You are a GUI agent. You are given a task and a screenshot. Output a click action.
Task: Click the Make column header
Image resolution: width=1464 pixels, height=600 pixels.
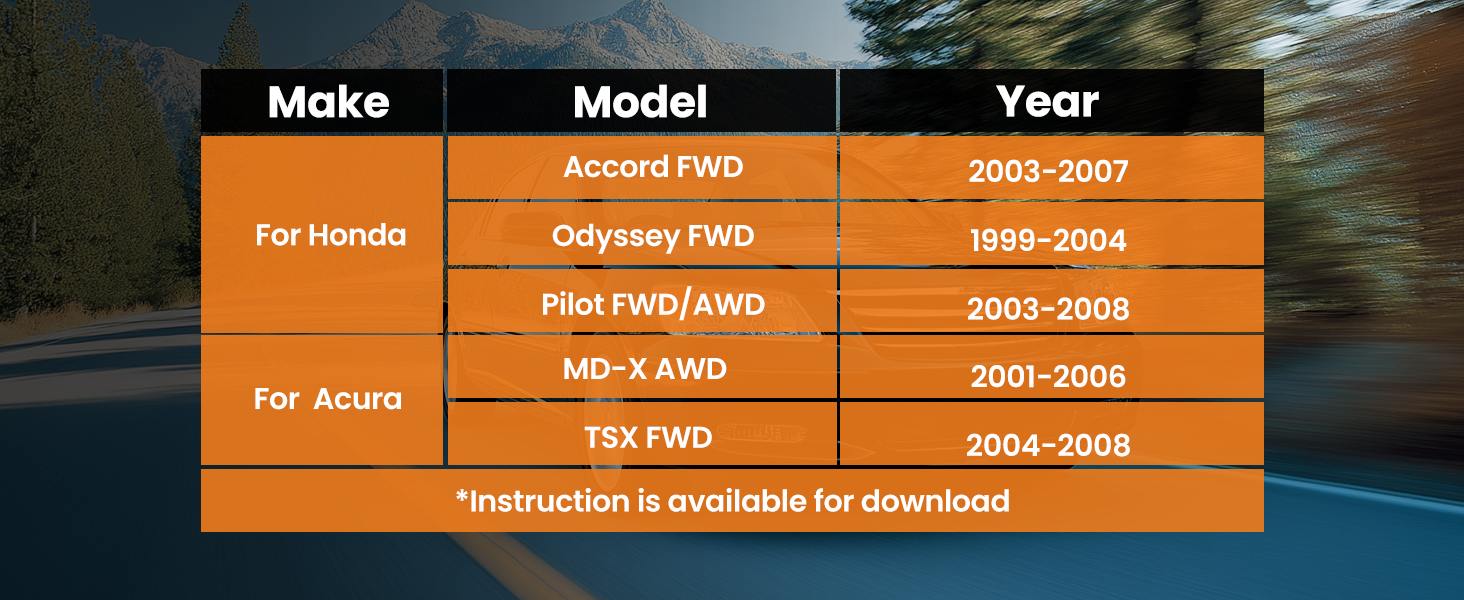tap(328, 102)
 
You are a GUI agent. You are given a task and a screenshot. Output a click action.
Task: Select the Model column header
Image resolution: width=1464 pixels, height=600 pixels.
tap(640, 102)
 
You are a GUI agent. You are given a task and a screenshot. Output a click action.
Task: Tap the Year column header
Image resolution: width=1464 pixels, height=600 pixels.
tap(1048, 102)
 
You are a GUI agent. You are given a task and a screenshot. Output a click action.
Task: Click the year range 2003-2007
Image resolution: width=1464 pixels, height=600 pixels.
tap(1048, 171)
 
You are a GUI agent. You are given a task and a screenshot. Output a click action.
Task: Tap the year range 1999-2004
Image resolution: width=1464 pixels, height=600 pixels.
tap(1048, 241)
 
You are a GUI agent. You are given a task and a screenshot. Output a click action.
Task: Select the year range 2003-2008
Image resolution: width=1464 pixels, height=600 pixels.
tap(1048, 309)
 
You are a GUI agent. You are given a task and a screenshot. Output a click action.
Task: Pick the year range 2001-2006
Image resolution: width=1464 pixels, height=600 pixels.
tap(1048, 376)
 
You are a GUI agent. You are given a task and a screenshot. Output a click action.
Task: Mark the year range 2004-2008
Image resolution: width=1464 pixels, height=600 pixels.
tap(1048, 446)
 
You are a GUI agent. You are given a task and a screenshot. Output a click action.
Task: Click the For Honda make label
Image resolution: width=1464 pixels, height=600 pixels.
tap(331, 235)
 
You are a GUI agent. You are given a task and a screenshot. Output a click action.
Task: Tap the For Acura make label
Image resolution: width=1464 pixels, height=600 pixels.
tap(327, 399)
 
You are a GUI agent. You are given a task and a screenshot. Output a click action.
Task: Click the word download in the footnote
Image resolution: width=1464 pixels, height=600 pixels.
tap(935, 501)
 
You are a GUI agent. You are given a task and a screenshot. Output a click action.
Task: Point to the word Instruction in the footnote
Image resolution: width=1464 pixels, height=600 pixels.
tap(550, 501)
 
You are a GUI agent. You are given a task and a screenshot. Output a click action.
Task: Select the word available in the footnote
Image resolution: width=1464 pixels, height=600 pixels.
tap(737, 501)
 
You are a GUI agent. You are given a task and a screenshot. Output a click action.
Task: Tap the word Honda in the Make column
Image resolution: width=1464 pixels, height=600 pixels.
tap(358, 235)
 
